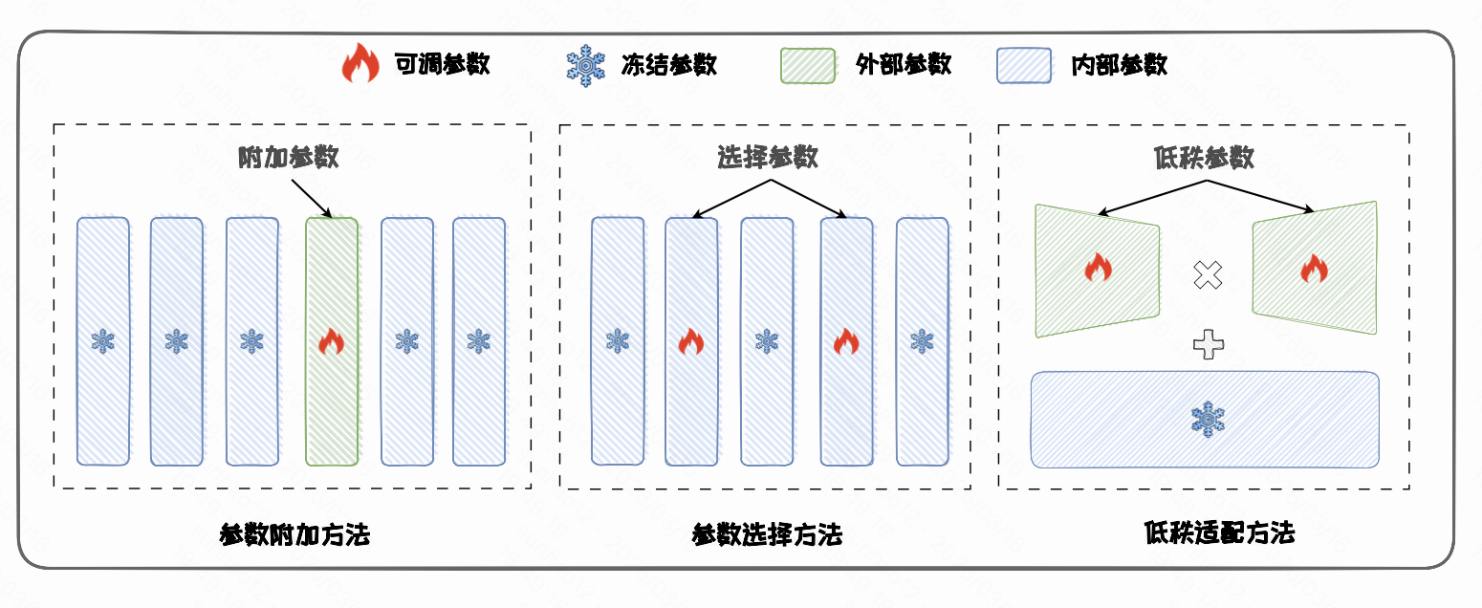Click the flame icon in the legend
click(360, 65)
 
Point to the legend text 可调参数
click(443, 65)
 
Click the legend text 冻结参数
click(668, 65)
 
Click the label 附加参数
click(289, 157)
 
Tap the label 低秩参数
click(1204, 158)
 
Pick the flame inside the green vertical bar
click(331, 341)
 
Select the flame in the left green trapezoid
click(1099, 269)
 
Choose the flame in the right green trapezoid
click(1314, 269)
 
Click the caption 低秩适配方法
click(1219, 532)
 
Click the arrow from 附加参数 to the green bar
click(310, 195)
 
